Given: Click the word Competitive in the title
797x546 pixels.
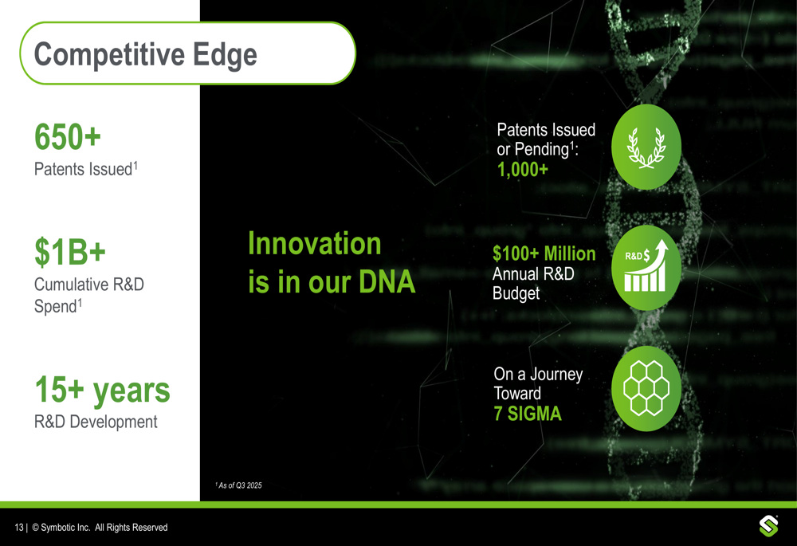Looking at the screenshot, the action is (x=109, y=54).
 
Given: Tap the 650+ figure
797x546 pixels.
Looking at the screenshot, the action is (x=68, y=137).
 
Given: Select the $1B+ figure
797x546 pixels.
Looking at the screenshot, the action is (x=70, y=251).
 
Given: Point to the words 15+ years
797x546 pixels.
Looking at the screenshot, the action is (x=102, y=391).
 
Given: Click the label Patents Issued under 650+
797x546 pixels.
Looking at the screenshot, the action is (x=84, y=169).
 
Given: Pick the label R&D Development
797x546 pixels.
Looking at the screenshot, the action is (x=96, y=422).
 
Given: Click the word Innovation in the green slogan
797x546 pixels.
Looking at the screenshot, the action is (x=315, y=243).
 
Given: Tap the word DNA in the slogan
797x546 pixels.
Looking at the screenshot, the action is (x=387, y=281).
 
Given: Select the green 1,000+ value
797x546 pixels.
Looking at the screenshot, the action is (x=523, y=169).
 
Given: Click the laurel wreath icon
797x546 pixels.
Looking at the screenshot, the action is (x=646, y=147).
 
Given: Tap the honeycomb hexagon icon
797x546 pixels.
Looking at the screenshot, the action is (x=646, y=388).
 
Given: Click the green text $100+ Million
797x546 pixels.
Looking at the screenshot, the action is (x=544, y=253).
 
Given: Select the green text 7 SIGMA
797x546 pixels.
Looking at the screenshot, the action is (x=528, y=414).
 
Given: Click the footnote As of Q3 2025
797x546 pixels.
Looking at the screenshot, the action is (x=239, y=485).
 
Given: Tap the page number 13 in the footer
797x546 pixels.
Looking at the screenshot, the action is (x=19, y=528).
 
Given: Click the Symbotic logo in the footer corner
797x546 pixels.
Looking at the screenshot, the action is (x=768, y=525).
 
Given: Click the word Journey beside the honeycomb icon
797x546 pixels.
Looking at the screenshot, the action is (x=556, y=375).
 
